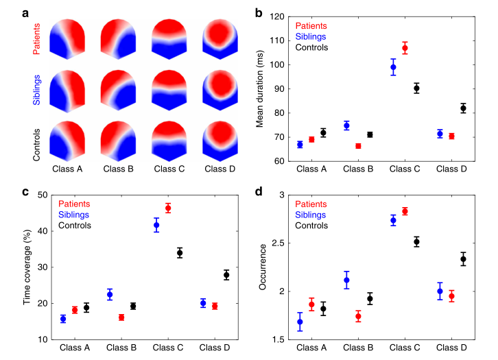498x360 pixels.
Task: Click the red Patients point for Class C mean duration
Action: (x=405, y=48)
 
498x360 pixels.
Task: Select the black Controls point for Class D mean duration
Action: (x=463, y=108)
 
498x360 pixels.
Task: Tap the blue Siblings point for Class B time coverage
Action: (x=110, y=294)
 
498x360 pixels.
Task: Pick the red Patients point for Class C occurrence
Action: (x=405, y=211)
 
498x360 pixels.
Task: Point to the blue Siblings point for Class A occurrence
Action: (x=300, y=322)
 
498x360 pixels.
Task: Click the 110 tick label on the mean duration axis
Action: (x=277, y=40)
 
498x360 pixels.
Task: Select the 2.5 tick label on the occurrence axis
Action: (x=278, y=243)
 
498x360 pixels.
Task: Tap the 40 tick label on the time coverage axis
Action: (x=43, y=231)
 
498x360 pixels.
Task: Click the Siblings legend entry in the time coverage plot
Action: (x=73, y=215)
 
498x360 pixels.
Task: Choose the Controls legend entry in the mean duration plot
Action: (x=311, y=47)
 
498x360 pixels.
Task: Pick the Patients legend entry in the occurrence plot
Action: (x=311, y=204)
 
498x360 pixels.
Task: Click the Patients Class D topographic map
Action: (x=220, y=39)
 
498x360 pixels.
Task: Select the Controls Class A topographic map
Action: (x=67, y=141)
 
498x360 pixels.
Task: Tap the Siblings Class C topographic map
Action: (x=169, y=90)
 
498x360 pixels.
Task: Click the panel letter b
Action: (x=259, y=13)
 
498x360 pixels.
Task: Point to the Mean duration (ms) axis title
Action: (x=260, y=89)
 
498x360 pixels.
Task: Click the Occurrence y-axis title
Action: (x=262, y=267)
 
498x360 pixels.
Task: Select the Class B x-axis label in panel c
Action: (x=121, y=348)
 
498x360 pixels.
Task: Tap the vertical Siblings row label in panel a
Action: (x=36, y=90)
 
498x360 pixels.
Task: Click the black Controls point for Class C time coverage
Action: (x=180, y=253)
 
